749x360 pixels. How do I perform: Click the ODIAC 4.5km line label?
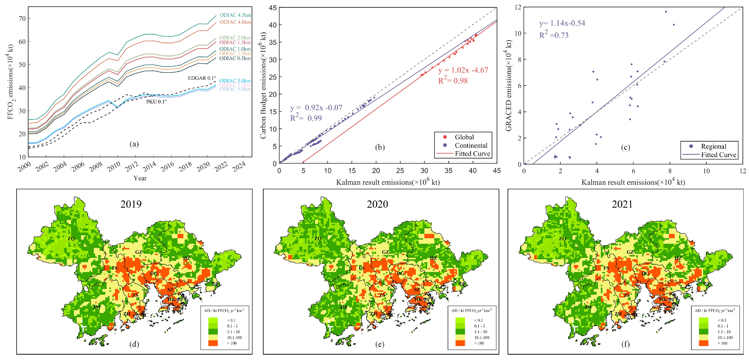coord(235,15)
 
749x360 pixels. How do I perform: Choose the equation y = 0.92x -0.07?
coord(316,108)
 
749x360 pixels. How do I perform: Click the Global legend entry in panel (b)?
coord(464,137)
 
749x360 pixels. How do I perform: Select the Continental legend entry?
coord(471,145)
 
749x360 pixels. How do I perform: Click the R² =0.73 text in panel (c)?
coord(554,35)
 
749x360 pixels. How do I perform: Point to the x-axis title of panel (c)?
coord(633,182)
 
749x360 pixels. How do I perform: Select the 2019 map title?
coord(131,204)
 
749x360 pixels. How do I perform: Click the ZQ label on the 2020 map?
coord(318,238)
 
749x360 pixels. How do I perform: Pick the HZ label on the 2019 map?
coord(186,258)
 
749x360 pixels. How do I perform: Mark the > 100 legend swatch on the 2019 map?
coord(213,343)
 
